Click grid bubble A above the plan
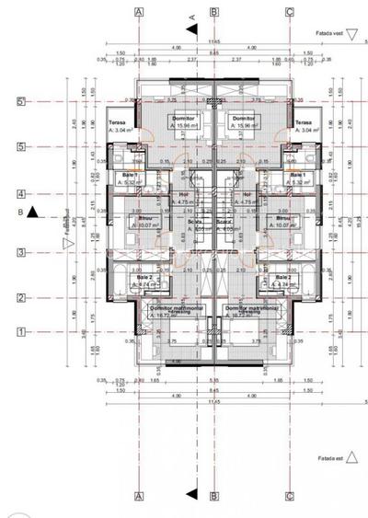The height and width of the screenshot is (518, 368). tap(139, 12)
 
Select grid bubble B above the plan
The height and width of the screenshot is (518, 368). tap(214, 12)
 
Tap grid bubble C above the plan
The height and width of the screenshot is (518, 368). tap(290, 12)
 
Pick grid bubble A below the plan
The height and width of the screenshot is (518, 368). tap(139, 496)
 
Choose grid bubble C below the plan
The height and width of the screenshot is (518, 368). tap(290, 496)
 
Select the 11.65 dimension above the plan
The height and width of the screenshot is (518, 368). tap(213, 42)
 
